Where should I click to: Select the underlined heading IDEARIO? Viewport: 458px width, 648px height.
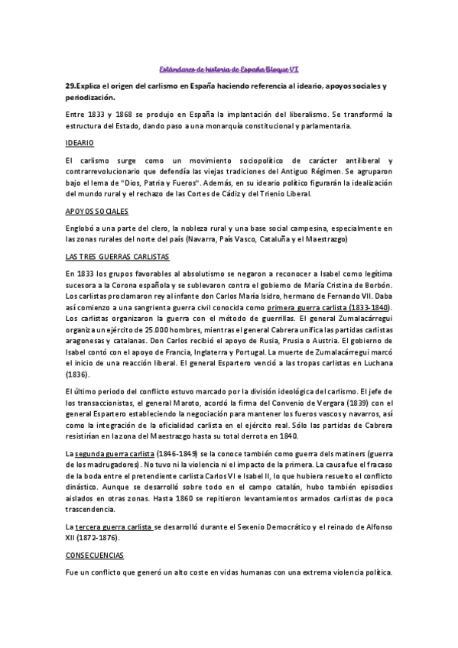coord(80,143)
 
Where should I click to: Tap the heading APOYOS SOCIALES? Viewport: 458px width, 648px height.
coord(96,210)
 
